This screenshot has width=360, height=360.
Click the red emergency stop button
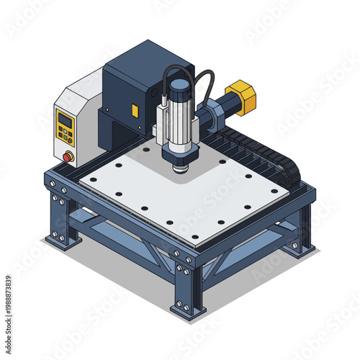tap(68, 156)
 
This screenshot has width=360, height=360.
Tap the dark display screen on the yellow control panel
tap(64, 120)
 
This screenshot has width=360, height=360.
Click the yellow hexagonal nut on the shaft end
tap(244, 98)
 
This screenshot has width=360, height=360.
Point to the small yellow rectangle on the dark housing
tap(135, 109)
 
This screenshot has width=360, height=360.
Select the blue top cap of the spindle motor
tap(177, 86)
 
